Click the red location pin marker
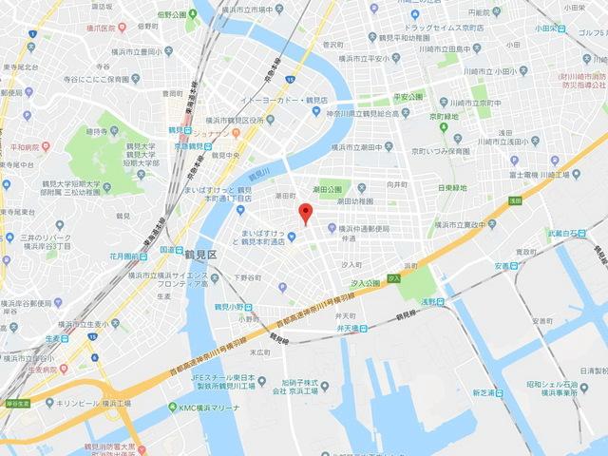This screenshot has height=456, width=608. click(304, 213)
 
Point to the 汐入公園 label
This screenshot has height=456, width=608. click(366, 283)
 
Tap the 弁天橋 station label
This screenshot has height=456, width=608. click(354, 329)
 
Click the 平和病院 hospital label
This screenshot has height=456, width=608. click(32, 147)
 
